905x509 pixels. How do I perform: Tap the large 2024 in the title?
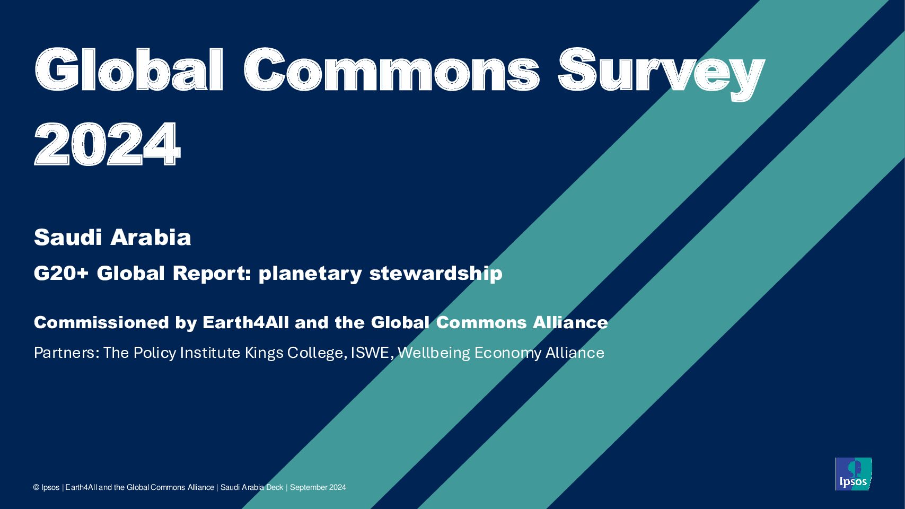(107, 144)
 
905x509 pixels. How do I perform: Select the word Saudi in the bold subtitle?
(68, 237)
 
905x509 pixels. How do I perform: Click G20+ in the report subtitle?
(61, 274)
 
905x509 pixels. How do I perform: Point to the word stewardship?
(435, 274)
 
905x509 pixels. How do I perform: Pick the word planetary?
(310, 274)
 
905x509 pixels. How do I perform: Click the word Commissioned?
(101, 323)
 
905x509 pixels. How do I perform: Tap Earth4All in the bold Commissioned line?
(245, 323)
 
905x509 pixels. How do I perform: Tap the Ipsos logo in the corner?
(853, 474)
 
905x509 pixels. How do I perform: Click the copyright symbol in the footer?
(37, 488)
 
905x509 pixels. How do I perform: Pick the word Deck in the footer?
(274, 488)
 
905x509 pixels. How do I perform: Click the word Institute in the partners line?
(210, 353)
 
